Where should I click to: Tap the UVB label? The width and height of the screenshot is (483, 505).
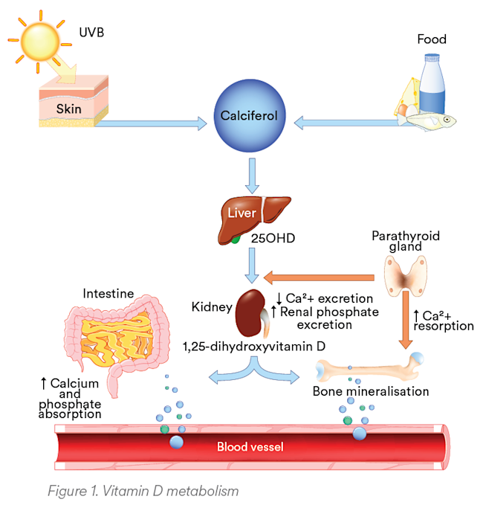(x=94, y=33)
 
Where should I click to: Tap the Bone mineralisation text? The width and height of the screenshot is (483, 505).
(x=370, y=391)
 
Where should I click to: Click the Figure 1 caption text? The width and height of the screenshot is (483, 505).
(x=142, y=490)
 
